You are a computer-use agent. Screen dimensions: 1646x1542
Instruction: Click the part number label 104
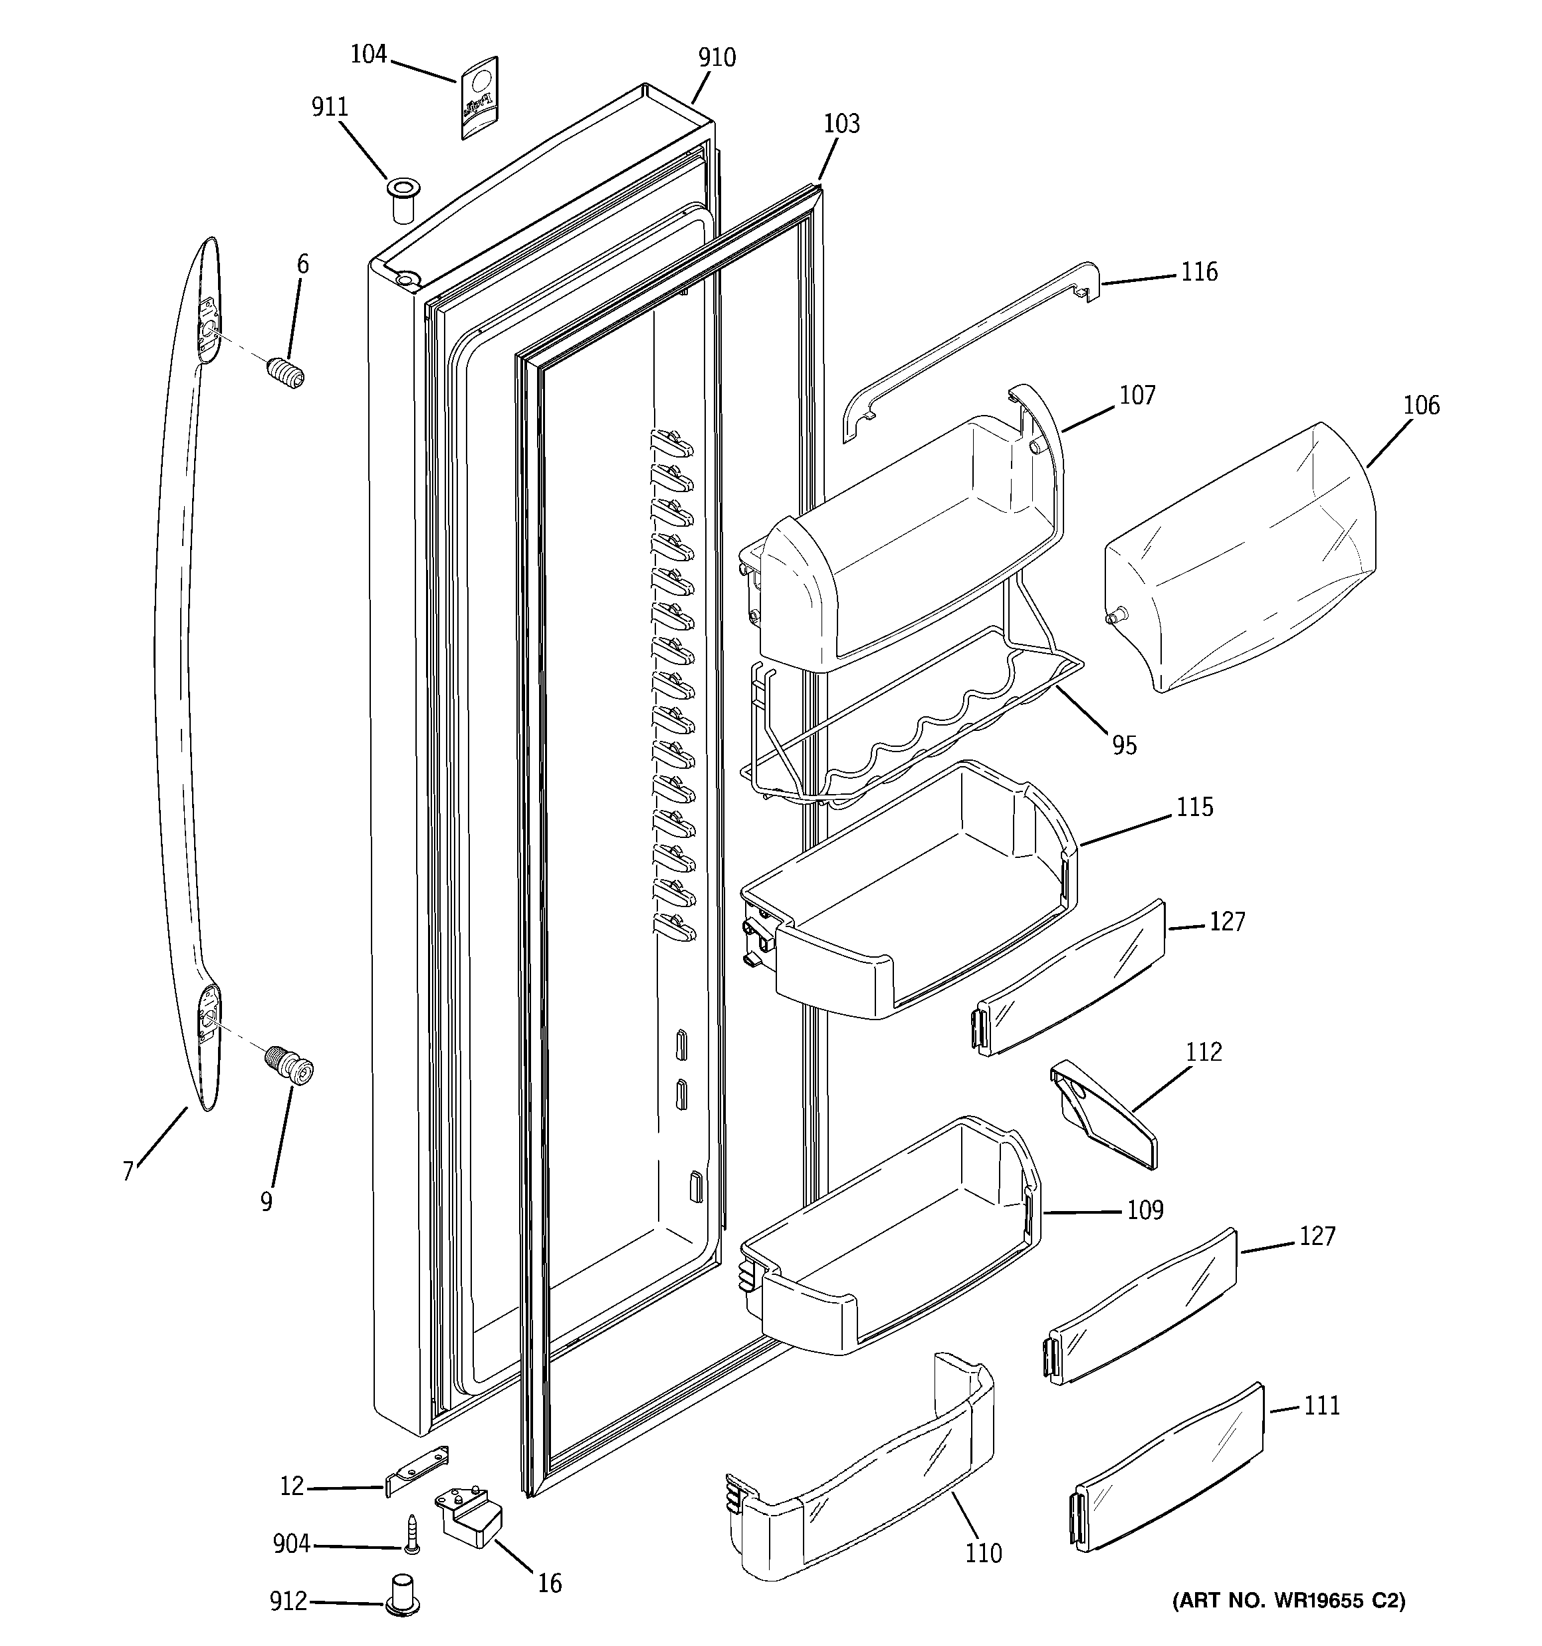[368, 55]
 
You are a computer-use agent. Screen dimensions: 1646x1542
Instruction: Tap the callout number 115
[1194, 807]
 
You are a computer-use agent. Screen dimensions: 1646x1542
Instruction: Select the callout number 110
[983, 1554]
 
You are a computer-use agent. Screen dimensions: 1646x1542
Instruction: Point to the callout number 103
[841, 124]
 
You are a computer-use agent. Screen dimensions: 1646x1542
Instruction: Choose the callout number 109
[1145, 1210]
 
